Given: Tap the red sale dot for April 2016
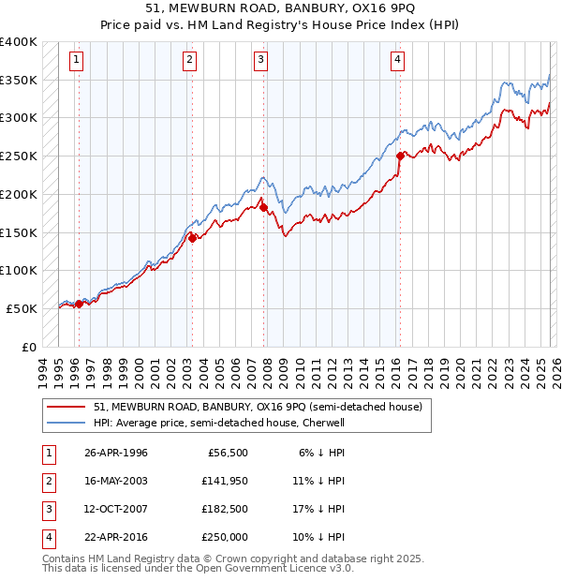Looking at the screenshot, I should coord(400,156).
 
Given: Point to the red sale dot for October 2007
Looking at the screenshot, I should coord(263,208).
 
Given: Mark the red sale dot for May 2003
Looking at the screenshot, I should coord(193,238).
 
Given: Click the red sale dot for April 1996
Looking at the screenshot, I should coord(79,304).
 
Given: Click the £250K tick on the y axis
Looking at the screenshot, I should coord(19,156).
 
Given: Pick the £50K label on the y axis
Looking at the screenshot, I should coord(22,308).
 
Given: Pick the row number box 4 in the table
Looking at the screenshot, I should coord(48,537).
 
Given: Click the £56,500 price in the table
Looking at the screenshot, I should coord(225,453).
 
